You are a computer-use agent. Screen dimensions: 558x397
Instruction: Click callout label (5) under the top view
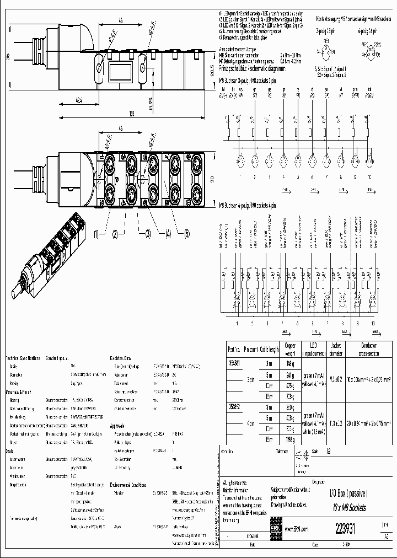pos(186,234)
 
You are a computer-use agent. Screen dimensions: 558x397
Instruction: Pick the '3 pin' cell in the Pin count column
pos(250,380)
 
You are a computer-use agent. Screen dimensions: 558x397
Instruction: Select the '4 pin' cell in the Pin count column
pos(250,423)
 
